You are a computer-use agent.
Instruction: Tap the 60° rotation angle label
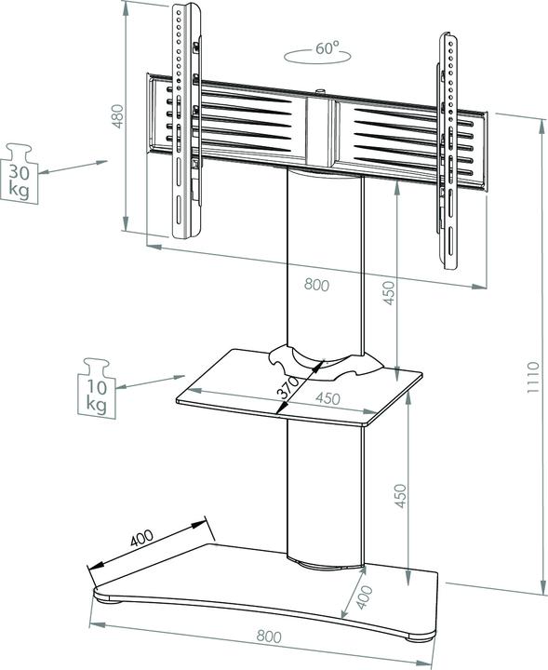(x=327, y=47)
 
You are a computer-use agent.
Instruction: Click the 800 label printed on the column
(x=315, y=287)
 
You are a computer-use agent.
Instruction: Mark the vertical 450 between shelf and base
(x=402, y=501)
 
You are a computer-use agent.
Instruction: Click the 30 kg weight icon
(x=20, y=171)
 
